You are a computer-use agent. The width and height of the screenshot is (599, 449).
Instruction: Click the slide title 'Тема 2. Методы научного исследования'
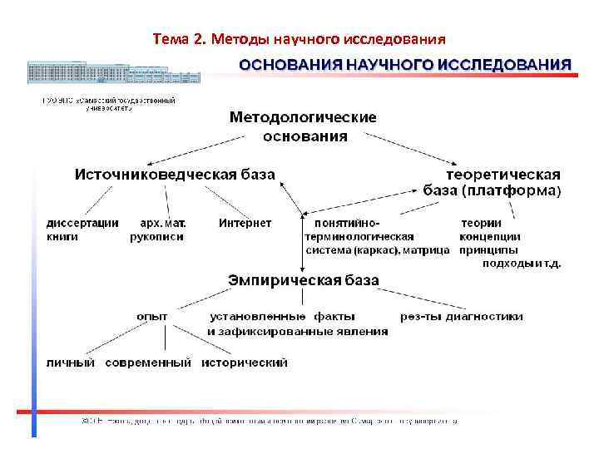pos(299,39)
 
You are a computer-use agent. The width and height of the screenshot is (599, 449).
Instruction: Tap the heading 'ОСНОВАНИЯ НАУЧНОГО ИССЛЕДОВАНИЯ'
pos(406,64)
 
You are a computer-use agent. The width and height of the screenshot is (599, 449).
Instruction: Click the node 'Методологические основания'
pos(302,126)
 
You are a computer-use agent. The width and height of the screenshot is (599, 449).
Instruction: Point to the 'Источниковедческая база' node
pos(176,175)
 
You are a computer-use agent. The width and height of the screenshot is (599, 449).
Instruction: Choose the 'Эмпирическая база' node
pos(304,281)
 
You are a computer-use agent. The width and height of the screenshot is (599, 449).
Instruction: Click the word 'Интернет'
pos(245,223)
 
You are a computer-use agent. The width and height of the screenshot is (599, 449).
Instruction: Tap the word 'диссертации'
pos(82,223)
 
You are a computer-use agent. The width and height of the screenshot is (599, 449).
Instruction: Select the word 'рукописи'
pos(157,236)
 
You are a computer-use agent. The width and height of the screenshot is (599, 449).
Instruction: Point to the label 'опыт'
pos(152,316)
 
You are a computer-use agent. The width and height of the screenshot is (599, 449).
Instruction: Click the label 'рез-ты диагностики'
pos(461,316)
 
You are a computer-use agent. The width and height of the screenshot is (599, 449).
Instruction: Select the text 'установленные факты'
pos(283,316)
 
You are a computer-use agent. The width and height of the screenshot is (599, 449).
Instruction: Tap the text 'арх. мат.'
pos(163,223)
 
